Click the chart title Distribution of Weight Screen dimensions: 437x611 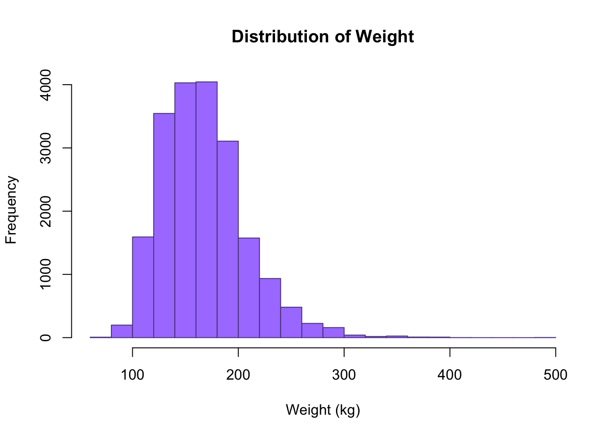(322, 37)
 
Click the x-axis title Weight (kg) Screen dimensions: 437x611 (323, 410)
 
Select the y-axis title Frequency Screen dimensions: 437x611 (11, 210)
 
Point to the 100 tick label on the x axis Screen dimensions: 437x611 (132, 375)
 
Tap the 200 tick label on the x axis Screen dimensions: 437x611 (238, 375)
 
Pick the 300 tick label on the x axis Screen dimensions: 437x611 (344, 375)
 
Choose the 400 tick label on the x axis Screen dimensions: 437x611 (450, 375)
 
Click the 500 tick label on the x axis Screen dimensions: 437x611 (556, 375)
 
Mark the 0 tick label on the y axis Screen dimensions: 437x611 (45, 338)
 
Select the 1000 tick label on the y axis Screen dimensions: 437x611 (45, 274)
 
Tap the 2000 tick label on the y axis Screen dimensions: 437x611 (45, 211)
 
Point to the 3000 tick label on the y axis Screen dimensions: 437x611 (45, 148)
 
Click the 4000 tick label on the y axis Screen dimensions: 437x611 (45, 85)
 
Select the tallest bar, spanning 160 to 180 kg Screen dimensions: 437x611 (206, 209)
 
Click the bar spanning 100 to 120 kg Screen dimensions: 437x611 (143, 287)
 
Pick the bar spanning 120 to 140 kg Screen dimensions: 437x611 (164, 225)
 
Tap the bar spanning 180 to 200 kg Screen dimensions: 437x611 (228, 239)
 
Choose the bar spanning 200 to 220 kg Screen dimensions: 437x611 (249, 288)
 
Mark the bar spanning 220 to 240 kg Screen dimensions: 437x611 (270, 308)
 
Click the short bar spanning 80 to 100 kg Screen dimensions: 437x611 (122, 331)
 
